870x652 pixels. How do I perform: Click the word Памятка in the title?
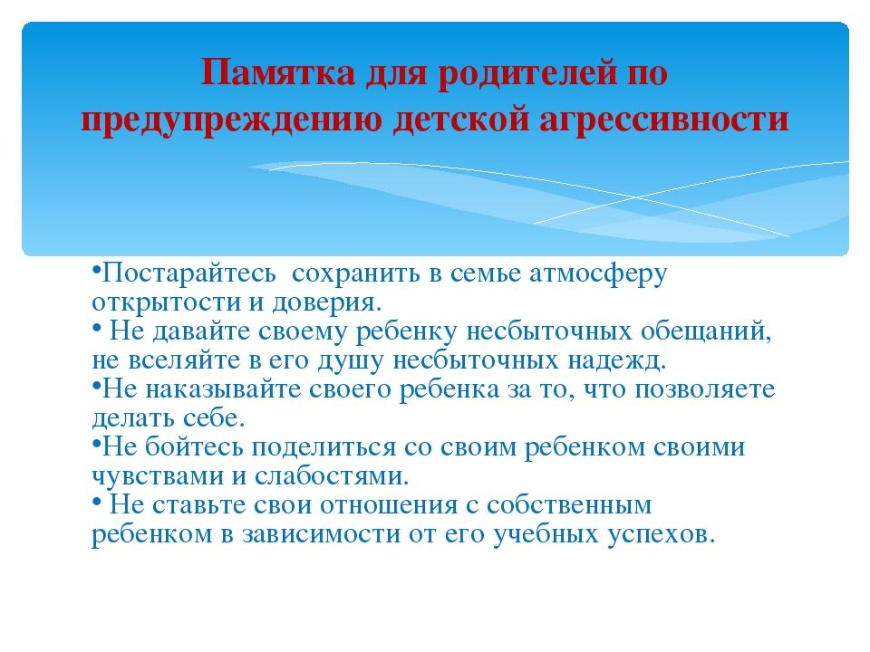tap(278, 72)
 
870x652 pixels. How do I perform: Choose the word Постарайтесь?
tap(188, 273)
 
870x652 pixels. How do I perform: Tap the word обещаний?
tap(706, 331)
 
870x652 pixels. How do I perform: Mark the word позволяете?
tap(705, 389)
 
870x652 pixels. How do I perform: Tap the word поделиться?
tap(324, 447)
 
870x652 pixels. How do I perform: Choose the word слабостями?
tap(332, 476)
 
